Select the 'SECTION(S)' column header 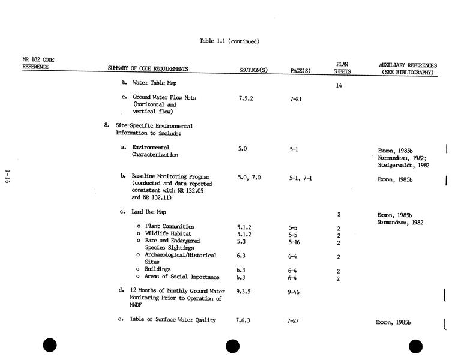coord(253,70)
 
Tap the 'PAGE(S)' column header coord(300,70)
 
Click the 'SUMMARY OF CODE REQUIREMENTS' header coord(148,69)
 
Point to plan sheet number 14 coord(339,86)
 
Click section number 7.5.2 coord(246,98)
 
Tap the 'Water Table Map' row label coord(154,83)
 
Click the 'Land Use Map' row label coord(149,212)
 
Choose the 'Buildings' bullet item coord(158,269)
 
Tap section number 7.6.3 coord(243,320)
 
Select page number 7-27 coord(293,321)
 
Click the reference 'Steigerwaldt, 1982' coord(403,165)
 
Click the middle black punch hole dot coord(232,346)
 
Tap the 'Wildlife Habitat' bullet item coord(168,234)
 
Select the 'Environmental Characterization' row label coord(155,151)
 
